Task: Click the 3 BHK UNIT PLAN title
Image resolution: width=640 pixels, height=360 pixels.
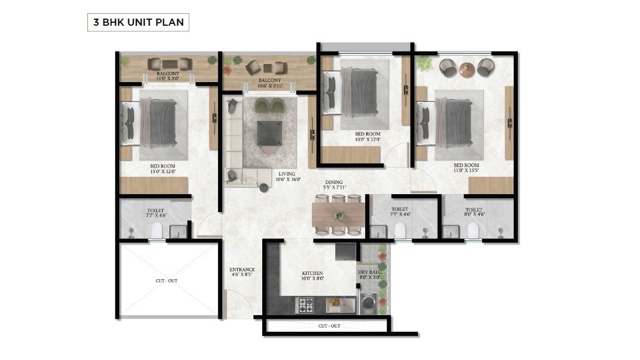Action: click(x=138, y=23)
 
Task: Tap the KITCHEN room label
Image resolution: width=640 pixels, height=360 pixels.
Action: click(x=312, y=276)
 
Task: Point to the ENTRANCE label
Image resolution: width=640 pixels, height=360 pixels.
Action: click(x=242, y=273)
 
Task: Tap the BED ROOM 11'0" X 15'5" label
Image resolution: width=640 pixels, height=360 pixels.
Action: click(x=466, y=168)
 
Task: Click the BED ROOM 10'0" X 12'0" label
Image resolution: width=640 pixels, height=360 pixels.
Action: click(x=367, y=137)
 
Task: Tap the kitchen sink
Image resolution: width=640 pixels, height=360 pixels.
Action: click(x=336, y=305)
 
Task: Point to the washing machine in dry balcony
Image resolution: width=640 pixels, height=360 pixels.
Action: click(x=366, y=302)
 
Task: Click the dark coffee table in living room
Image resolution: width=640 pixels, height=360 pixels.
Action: click(x=268, y=132)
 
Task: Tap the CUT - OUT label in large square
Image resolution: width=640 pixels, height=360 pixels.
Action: click(x=166, y=280)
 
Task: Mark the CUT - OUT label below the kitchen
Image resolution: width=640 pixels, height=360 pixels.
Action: click(x=329, y=326)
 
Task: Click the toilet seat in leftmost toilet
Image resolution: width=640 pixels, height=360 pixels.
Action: click(x=157, y=231)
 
